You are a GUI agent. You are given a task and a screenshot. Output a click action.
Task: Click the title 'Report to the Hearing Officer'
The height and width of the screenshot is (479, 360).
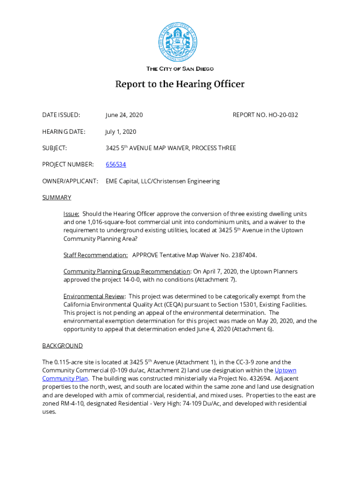[x=180, y=85]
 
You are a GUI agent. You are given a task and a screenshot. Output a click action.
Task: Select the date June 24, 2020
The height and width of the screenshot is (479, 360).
[x=124, y=115]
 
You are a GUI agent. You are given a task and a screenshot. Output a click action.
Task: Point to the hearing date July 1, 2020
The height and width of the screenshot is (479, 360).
[x=121, y=132]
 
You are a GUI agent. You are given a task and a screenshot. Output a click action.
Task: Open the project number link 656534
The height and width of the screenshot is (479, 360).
[x=115, y=165]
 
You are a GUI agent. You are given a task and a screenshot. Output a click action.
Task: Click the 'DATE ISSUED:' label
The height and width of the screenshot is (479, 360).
[x=61, y=115]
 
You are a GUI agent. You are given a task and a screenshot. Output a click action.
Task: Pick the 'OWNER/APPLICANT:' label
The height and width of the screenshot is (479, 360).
[x=70, y=181]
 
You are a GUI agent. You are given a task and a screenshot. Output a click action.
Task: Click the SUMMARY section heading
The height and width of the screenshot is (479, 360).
[x=57, y=197]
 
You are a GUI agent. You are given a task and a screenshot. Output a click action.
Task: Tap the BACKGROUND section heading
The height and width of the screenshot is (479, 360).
[x=62, y=346]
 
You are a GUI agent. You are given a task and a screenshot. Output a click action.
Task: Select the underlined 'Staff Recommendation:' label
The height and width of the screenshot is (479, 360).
[x=95, y=255]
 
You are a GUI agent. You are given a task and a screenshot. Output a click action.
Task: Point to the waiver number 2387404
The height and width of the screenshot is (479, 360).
[x=241, y=255]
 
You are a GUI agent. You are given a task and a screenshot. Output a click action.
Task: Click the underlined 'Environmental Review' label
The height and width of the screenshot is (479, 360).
[x=94, y=296]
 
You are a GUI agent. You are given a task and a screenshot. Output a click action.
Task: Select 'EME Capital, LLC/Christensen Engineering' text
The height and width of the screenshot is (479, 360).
[x=163, y=181]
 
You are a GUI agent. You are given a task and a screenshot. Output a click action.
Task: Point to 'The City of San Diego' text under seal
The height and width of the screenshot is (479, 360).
[x=180, y=69]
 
